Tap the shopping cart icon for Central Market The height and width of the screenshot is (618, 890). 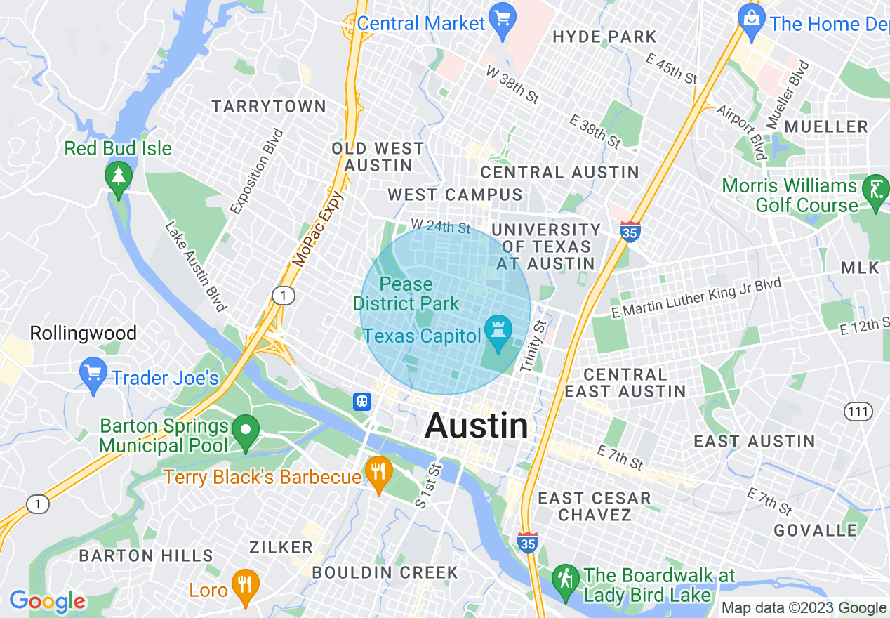point(503,16)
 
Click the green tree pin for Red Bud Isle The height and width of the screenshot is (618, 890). point(117,176)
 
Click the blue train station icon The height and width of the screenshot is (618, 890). point(362,401)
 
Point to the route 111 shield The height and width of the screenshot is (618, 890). point(858,411)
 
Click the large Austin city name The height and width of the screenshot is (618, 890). point(477,426)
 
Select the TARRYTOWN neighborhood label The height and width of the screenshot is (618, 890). point(270,107)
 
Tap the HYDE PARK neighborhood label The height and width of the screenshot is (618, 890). point(604,37)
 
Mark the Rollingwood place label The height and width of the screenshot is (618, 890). point(83,333)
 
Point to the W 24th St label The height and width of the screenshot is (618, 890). point(441,226)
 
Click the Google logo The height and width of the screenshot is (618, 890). point(47,601)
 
